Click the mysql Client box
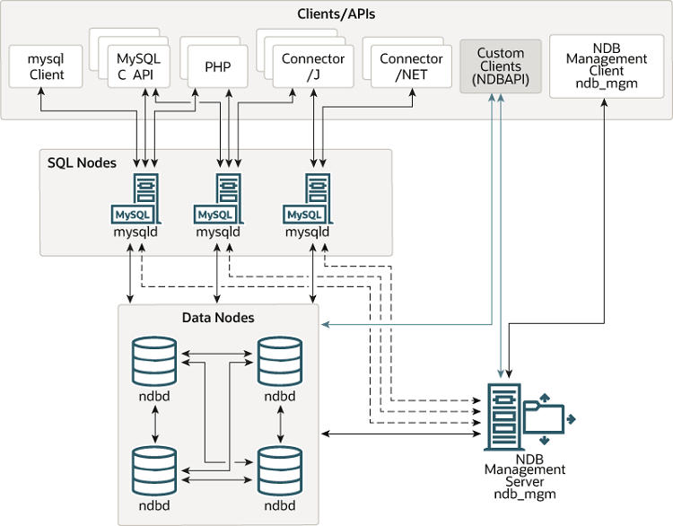pos(47,66)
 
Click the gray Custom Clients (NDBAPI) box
pos(500,66)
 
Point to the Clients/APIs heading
pos(336,14)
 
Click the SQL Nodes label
pos(82,162)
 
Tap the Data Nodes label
pos(218,318)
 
